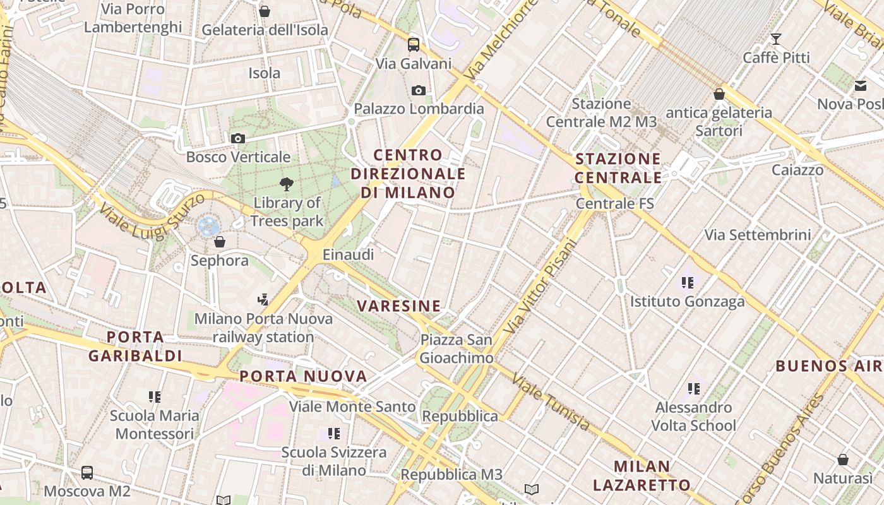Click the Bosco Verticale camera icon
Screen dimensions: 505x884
[237, 138]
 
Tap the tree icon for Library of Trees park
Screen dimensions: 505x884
[287, 184]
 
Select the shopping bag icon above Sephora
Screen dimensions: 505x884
[220, 241]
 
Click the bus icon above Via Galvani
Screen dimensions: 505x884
[414, 44]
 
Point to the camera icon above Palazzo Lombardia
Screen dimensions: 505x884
[418, 90]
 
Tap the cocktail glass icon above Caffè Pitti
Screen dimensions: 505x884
[776, 39]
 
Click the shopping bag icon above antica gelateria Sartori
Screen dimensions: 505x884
[719, 94]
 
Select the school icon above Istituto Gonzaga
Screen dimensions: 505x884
[687, 282]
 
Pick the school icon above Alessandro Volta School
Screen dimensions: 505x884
[694, 388]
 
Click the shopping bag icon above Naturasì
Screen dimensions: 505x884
[843, 459]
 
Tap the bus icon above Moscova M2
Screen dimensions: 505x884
[87, 472]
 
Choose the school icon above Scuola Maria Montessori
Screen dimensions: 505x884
[154, 396]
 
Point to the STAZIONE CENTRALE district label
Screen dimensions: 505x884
[618, 168]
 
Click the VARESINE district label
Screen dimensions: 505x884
[398, 306]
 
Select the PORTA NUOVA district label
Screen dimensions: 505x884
[303, 376]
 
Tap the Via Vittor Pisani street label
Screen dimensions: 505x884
[542, 285]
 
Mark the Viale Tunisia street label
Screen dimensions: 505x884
[550, 401]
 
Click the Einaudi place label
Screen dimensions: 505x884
[348, 254]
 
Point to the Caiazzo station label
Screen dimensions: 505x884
[797, 170]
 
